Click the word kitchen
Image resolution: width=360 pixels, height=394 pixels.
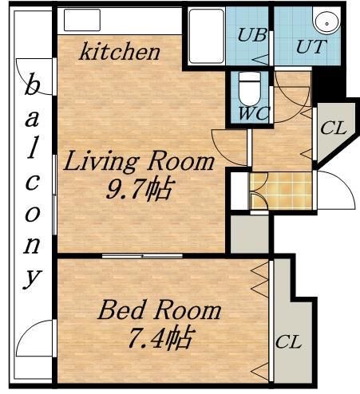coord(120,52)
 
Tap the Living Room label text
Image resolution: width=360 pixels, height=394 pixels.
coord(139,161)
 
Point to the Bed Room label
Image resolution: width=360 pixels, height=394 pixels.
coord(160,310)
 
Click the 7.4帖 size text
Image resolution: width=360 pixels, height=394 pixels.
coord(160,337)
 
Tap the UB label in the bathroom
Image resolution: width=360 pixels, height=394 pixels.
coord(251,35)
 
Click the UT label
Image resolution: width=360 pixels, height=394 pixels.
coord(311,47)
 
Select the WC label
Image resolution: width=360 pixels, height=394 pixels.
coord(254,114)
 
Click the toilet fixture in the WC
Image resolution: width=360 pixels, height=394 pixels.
coord(250,89)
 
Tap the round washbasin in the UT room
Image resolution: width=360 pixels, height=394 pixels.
coord(327,22)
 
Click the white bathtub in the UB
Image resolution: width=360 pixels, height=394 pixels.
coord(207,37)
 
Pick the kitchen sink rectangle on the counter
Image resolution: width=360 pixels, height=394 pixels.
coord(82,20)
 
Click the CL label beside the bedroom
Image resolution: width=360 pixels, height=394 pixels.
coord(288,342)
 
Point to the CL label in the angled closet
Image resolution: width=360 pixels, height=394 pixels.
coord(334,128)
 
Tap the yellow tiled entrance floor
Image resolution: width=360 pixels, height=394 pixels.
coord(281,191)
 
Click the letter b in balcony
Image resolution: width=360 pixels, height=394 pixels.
coord(32,83)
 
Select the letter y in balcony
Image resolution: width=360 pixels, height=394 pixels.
coord(33,279)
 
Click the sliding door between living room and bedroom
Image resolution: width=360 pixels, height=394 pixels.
coord(142,256)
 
